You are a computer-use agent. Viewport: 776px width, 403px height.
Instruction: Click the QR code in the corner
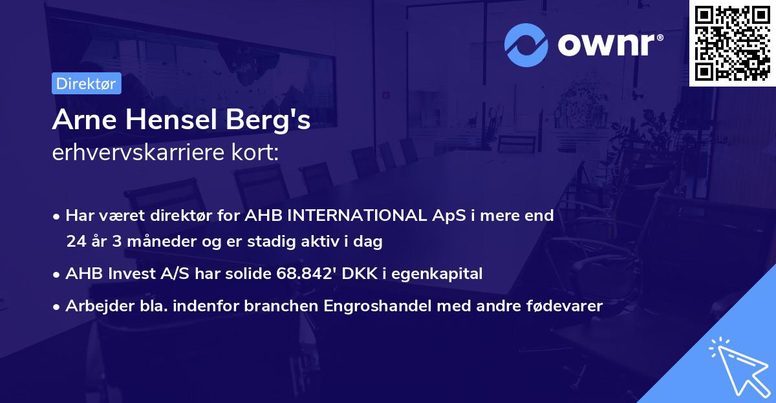coord(732,43)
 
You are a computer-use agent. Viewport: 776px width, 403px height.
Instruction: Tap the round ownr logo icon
coord(526,45)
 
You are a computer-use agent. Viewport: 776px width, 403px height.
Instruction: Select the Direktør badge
coord(86,83)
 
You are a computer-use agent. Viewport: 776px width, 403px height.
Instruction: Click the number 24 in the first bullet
coord(75,242)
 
